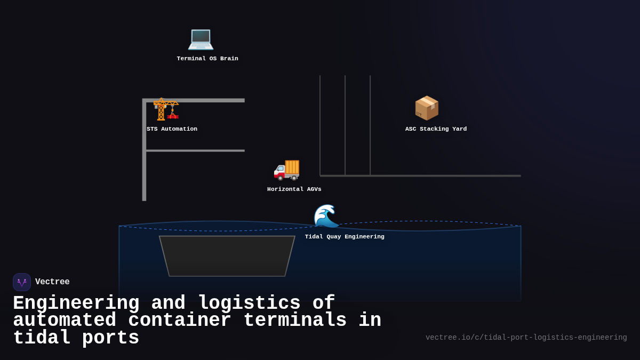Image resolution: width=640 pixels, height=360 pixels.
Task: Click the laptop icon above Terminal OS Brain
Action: point(201,38)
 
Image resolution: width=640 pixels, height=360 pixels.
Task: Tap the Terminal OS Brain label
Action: point(207,59)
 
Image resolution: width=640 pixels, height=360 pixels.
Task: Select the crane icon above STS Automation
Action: point(166,109)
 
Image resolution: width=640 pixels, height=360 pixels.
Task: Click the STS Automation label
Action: point(172,129)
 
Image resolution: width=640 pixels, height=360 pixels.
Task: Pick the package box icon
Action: point(427,108)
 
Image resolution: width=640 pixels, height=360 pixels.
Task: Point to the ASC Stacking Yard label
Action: point(436,129)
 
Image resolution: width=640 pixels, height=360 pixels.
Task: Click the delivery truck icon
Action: point(286,169)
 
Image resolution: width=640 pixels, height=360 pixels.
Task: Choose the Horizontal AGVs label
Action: point(294,189)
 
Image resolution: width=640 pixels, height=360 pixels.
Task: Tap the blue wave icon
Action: point(326,216)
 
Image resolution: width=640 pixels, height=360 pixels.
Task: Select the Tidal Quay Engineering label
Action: point(345,237)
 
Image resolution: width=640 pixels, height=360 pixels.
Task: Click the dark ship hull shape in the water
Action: point(227,256)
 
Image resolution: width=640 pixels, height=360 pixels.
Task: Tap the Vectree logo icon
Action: point(22,282)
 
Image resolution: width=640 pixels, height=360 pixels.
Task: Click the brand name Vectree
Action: point(52,282)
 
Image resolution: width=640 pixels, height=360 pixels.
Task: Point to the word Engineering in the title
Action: point(76,303)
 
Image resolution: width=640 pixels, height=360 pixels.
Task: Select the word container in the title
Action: point(179,321)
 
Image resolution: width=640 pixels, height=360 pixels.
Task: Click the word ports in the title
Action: point(110,338)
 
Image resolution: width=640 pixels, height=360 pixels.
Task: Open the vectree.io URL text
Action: point(526,338)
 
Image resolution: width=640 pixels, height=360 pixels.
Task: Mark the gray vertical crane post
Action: point(144,160)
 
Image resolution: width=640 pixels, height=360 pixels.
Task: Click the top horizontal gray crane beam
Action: point(203,100)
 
